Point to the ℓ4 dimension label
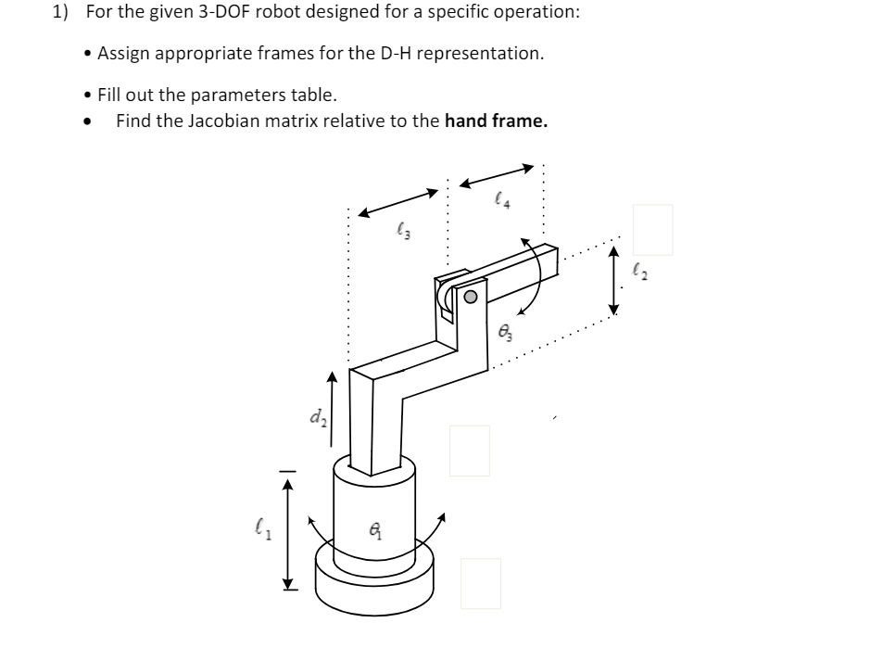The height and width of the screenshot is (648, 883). click(501, 197)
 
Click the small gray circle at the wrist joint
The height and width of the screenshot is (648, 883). click(471, 298)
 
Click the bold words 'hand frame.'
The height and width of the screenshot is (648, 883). click(497, 121)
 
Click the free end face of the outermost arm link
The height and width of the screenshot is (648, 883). click(550, 261)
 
